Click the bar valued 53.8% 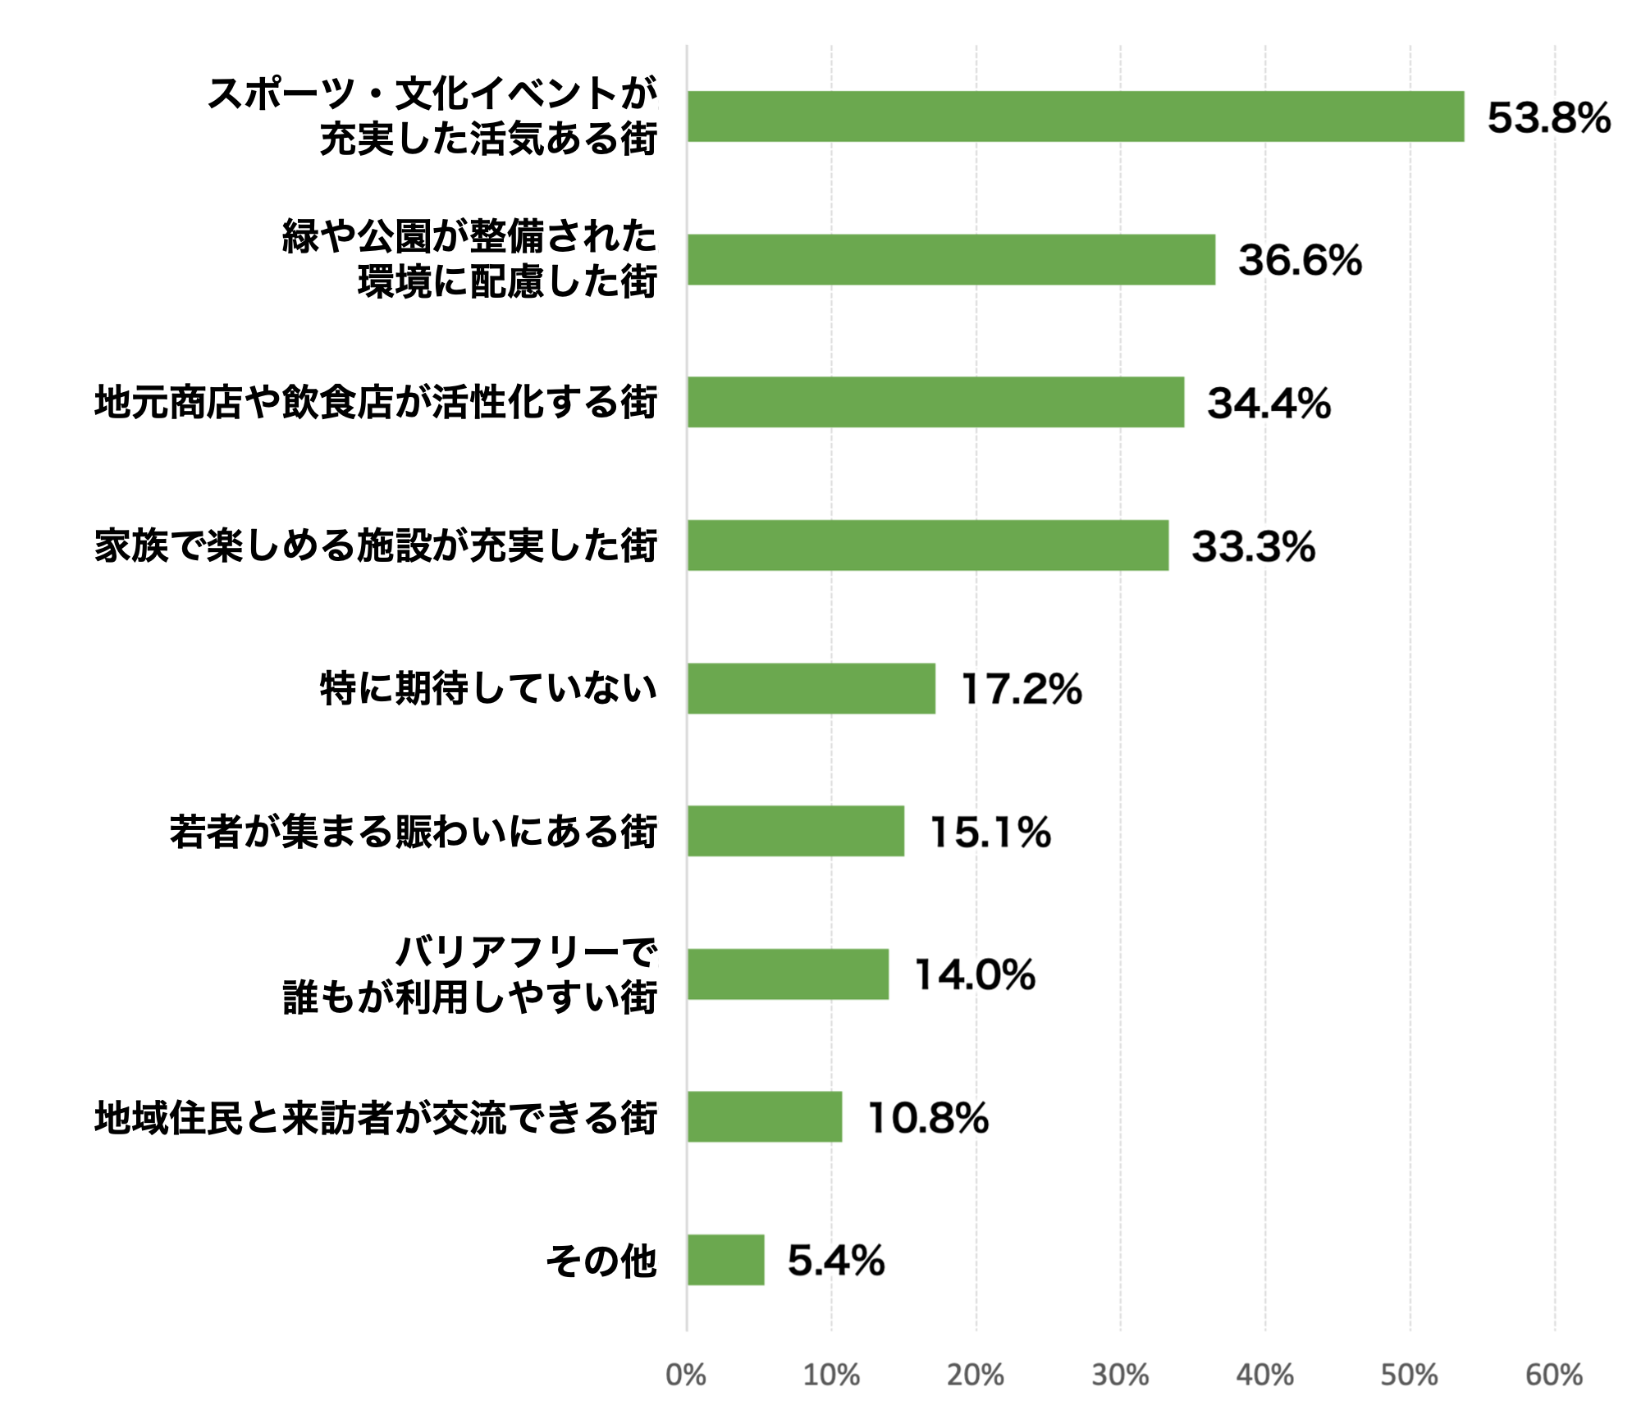pyautogui.click(x=1075, y=116)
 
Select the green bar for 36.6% pyautogui.click(x=951, y=260)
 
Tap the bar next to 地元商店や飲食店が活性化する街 pyautogui.click(x=935, y=402)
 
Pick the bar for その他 pyautogui.click(x=725, y=1260)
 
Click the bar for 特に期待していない pyautogui.click(x=811, y=688)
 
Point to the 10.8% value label pyautogui.click(x=928, y=1118)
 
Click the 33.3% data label pyautogui.click(x=1253, y=546)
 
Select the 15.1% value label pyautogui.click(x=990, y=832)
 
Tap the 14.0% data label pyautogui.click(x=975, y=975)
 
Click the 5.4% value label pyautogui.click(x=836, y=1261)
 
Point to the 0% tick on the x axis pyautogui.click(x=686, y=1376)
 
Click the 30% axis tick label pyautogui.click(x=1120, y=1376)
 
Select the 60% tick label pyautogui.click(x=1553, y=1376)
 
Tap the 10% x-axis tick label pyautogui.click(x=830, y=1376)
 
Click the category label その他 pyautogui.click(x=601, y=1261)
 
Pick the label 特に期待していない pyautogui.click(x=488, y=688)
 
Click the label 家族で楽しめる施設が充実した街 pyautogui.click(x=376, y=546)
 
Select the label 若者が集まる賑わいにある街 pyautogui.click(x=414, y=832)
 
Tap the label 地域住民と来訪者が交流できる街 pyautogui.click(x=376, y=1118)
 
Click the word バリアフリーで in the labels pyautogui.click(x=526, y=952)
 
